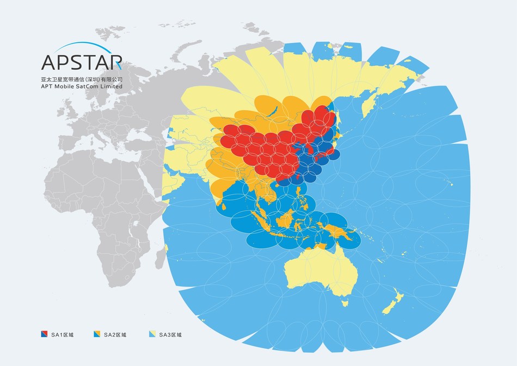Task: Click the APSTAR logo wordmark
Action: (82, 62)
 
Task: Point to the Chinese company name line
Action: (82, 79)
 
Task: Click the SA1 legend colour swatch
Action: (45, 334)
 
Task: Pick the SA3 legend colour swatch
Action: (152, 334)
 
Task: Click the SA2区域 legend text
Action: (115, 334)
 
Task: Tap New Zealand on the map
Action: (393, 305)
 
